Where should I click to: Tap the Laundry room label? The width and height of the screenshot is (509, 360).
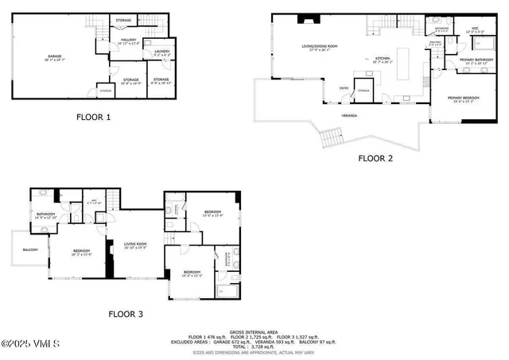tap(161, 52)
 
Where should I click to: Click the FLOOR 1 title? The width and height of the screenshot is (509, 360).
tap(93, 118)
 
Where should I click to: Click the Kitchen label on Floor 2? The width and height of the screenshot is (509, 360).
tap(383, 59)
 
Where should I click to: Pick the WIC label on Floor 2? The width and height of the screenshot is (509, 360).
tap(475, 29)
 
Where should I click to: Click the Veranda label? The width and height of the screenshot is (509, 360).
tap(348, 116)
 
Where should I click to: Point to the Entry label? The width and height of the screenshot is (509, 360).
tap(344, 89)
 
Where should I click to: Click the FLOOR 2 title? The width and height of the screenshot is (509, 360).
tap(375, 158)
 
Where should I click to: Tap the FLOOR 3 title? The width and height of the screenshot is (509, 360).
tap(125, 315)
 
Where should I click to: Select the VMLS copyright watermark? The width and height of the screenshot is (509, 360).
tap(29, 344)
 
